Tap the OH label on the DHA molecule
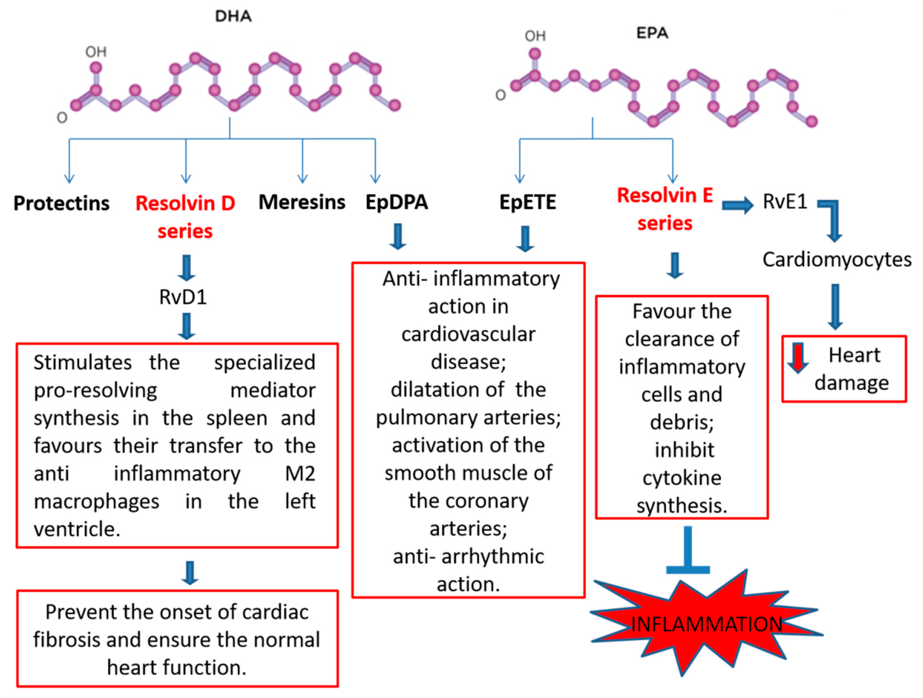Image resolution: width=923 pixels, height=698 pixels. tap(96, 52)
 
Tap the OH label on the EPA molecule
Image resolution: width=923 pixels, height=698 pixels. tap(535, 36)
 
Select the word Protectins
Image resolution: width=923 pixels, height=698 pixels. tap(61, 203)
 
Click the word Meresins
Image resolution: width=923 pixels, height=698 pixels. tap(302, 202)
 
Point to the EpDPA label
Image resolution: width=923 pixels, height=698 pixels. tap(396, 202)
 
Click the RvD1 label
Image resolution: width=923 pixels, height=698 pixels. tap(183, 297)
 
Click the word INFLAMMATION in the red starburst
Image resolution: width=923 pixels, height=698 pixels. tap(707, 625)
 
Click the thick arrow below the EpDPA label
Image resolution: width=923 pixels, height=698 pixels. tap(398, 236)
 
